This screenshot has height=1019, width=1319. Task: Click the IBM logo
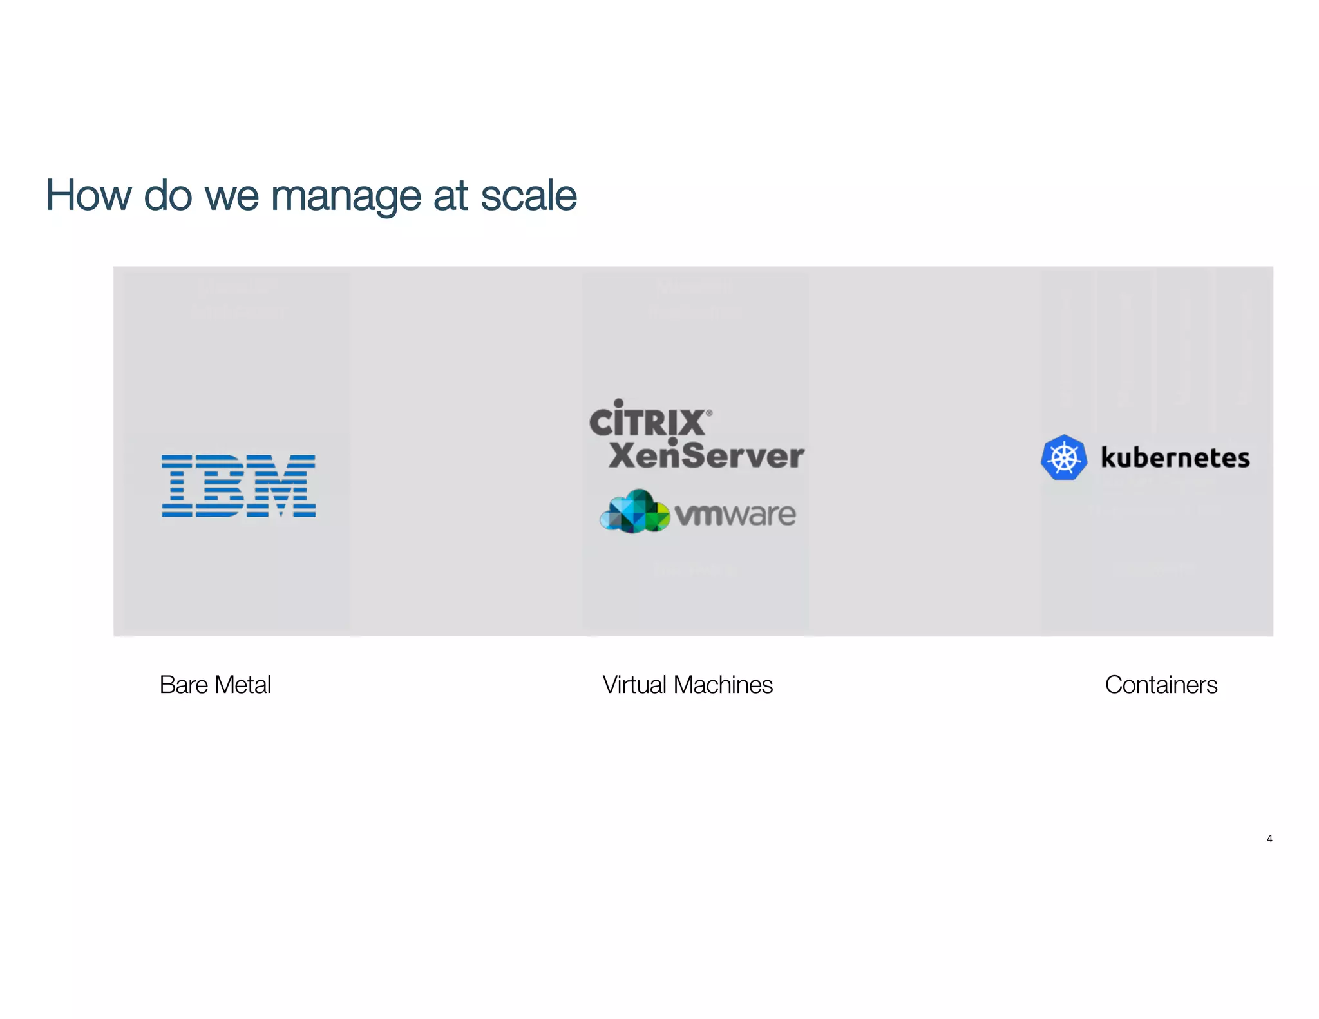pyautogui.click(x=238, y=486)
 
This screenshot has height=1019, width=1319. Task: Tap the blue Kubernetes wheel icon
pyautogui.click(x=1064, y=457)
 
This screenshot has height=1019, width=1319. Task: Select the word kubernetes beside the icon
pyautogui.click(x=1175, y=458)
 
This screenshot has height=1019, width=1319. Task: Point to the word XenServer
pyautogui.click(x=706, y=455)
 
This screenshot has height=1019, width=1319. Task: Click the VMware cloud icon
pyautogui.click(x=634, y=511)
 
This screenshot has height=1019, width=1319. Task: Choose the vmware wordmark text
pyautogui.click(x=735, y=514)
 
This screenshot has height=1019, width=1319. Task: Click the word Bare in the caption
pyautogui.click(x=184, y=685)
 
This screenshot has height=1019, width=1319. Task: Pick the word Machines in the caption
pyautogui.click(x=723, y=685)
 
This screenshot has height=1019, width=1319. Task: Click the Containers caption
pyautogui.click(x=1161, y=685)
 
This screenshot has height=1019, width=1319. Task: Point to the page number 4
pyautogui.click(x=1269, y=838)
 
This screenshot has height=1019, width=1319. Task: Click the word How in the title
pyautogui.click(x=88, y=195)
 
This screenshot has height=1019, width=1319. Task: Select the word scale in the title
pyautogui.click(x=529, y=195)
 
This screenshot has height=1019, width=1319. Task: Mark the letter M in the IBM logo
pyautogui.click(x=289, y=486)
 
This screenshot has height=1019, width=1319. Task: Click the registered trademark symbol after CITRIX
pyautogui.click(x=709, y=413)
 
